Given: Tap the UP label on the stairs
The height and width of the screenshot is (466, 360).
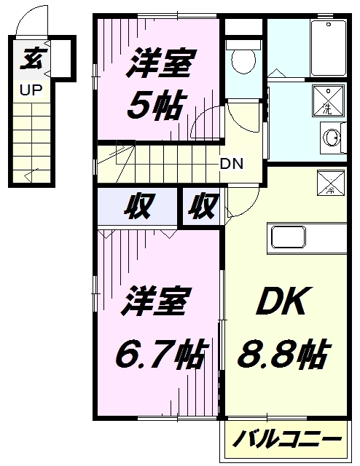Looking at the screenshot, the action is (31, 90).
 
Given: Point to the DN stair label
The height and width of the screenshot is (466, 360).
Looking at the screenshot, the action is (232, 163).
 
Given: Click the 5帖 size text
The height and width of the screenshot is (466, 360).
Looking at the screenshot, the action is (154, 106).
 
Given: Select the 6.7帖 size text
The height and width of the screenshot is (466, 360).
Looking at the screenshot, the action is (160, 354).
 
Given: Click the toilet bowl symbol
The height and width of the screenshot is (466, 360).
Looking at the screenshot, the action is (243, 60).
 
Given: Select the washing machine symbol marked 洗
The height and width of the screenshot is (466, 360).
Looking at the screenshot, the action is (328, 100).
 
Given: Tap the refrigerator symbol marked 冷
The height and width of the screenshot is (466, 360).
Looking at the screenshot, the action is (331, 183).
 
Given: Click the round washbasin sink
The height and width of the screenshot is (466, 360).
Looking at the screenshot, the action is (332, 138).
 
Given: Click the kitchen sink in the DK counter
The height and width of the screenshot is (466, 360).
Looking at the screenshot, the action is (289, 237).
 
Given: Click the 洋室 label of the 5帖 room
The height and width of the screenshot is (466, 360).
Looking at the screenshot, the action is (162, 63).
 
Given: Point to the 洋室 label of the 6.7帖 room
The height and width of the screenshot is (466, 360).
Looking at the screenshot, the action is (155, 301).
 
